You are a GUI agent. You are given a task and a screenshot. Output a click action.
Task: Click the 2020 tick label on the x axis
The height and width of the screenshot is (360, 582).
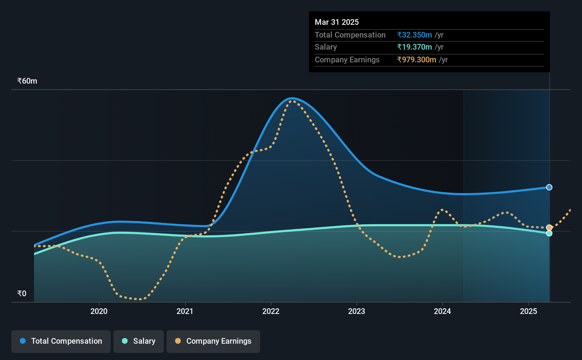coord(99,311)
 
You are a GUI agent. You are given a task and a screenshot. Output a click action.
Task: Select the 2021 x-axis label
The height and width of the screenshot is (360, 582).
coord(185,311)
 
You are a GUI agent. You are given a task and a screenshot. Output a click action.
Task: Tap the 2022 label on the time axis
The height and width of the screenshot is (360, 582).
coord(271,311)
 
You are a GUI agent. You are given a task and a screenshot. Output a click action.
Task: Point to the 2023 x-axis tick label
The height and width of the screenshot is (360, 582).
coord(357,311)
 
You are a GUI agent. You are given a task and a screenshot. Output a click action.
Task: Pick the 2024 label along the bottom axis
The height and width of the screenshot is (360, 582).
coord(442,311)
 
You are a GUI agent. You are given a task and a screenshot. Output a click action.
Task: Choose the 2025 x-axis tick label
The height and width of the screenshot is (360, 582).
coord(528,311)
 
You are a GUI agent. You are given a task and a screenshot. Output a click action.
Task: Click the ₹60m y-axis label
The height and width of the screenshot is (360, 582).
coord(27,81)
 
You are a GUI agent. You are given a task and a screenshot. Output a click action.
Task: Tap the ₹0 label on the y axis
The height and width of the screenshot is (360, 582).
coord(22,293)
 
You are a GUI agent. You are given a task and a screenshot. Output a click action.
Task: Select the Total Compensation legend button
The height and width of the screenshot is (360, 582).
coord(61,341)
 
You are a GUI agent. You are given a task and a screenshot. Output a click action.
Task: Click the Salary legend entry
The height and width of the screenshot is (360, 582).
coord(139,341)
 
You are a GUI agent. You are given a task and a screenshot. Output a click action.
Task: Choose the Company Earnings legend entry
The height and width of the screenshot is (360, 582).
coord(213,341)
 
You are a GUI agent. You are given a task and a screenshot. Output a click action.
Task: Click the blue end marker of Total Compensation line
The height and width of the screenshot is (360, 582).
coord(549,187)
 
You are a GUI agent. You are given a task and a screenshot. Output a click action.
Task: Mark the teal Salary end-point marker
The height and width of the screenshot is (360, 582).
coord(549,233)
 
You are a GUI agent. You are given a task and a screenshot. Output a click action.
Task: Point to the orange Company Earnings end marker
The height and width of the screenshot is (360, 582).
coord(549,227)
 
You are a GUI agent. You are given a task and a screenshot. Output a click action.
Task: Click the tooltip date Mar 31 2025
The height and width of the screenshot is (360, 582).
coord(337,22)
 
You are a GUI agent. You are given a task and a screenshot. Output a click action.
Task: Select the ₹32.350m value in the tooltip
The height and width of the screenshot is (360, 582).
coord(414,35)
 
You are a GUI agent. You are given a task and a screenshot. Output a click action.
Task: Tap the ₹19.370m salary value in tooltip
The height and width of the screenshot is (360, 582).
coord(414,47)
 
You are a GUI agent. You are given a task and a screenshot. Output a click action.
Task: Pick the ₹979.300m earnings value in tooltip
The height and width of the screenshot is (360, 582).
coord(416,60)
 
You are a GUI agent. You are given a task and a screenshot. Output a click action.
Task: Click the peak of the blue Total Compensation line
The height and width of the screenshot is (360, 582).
coord(292,98)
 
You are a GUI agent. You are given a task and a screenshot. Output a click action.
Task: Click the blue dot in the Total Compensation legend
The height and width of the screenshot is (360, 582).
coord(23,341)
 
